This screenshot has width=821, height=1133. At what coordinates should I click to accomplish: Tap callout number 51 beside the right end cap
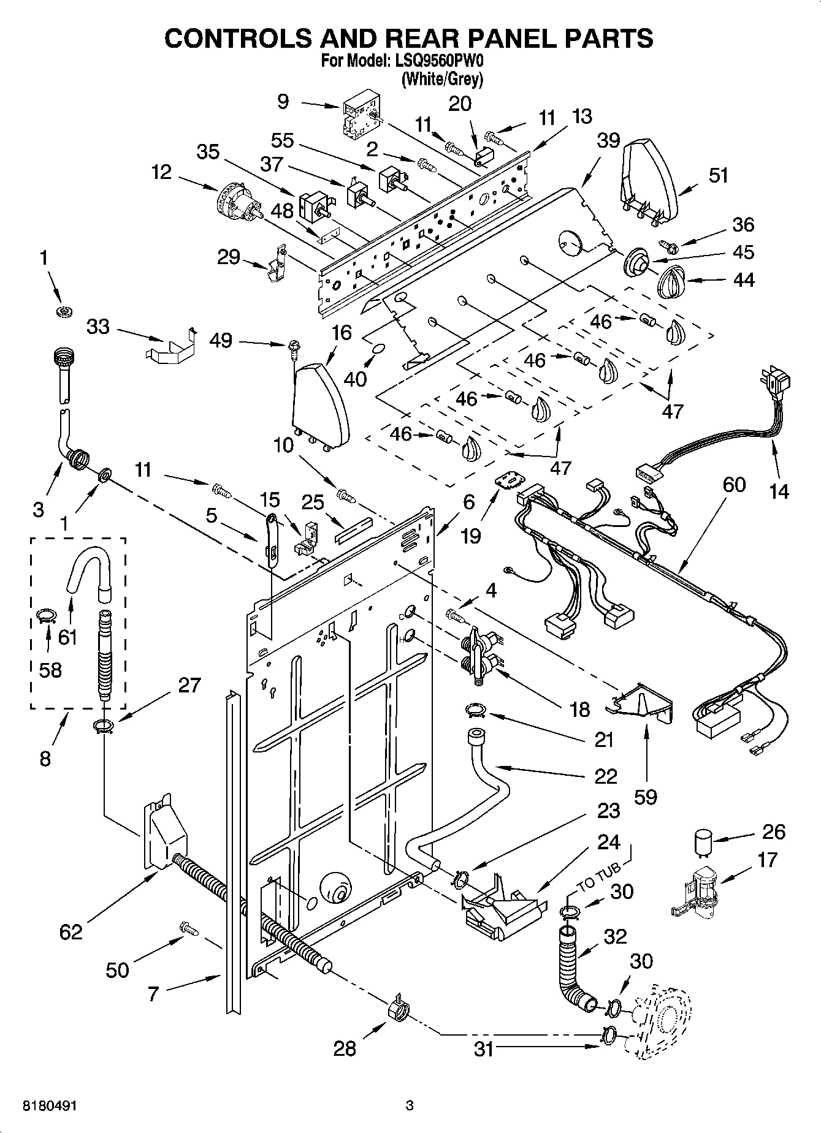pos(718,175)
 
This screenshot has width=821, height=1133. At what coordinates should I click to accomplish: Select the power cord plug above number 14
pos(776,381)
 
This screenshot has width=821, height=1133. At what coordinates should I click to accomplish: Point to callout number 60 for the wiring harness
pos(733,485)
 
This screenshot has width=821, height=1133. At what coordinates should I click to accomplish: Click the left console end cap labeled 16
pos(321,404)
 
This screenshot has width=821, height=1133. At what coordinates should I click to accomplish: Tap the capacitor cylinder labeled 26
pos(702,841)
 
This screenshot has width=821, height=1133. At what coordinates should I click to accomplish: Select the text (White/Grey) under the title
pos(441,79)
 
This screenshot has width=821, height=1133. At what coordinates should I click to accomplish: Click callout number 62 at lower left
pos(71,932)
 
